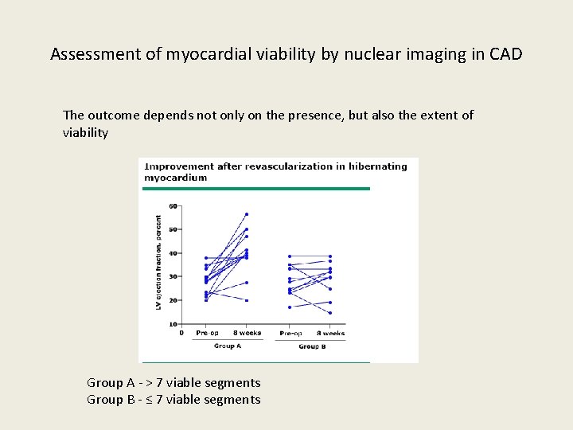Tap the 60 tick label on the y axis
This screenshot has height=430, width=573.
point(173,206)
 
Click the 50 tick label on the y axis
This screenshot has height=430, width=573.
point(173,229)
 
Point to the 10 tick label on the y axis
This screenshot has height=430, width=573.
point(173,324)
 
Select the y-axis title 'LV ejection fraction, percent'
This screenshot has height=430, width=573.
point(159,262)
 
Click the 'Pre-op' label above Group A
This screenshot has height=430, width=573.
point(207,333)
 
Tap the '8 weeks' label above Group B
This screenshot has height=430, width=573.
point(330,333)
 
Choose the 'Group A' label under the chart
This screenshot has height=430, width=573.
point(228,346)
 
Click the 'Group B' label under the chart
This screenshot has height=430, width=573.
point(310,346)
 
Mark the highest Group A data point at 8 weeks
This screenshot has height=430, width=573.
point(247,213)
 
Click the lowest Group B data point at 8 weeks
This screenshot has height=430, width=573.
point(330,313)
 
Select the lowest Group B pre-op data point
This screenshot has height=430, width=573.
point(290,307)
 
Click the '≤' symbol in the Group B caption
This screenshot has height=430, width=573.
point(147,400)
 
